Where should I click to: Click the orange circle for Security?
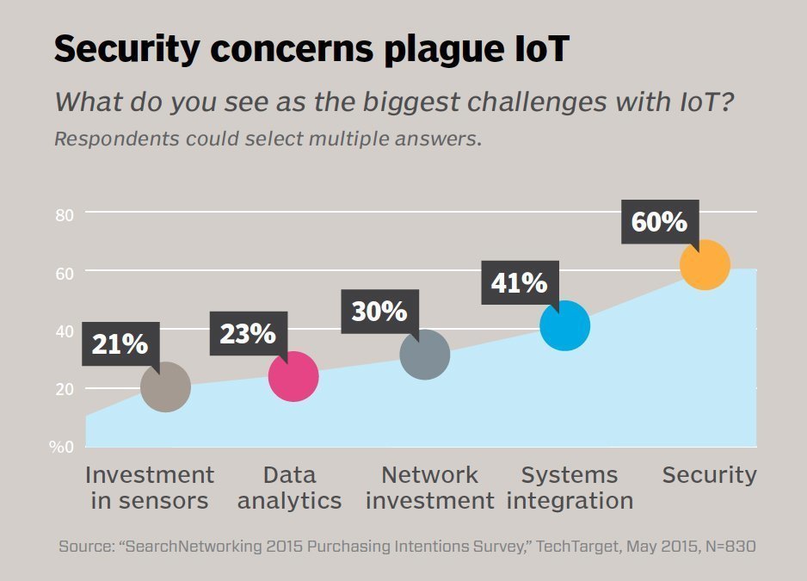(705, 264)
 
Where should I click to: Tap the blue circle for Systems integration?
(564, 325)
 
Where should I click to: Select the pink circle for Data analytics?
(293, 376)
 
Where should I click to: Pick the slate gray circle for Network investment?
(425, 354)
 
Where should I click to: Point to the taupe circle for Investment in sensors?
(165, 386)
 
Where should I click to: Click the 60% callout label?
(659, 222)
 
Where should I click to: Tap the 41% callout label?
(519, 282)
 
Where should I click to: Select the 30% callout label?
(379, 311)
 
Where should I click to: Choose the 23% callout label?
(247, 334)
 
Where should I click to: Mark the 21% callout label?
(120, 344)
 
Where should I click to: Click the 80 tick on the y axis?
(65, 214)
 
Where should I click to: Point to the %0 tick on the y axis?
(61, 447)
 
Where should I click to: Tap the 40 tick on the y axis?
(65, 331)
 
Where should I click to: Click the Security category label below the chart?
(709, 475)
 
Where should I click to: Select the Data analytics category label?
(290, 488)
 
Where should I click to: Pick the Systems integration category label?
(570, 488)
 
